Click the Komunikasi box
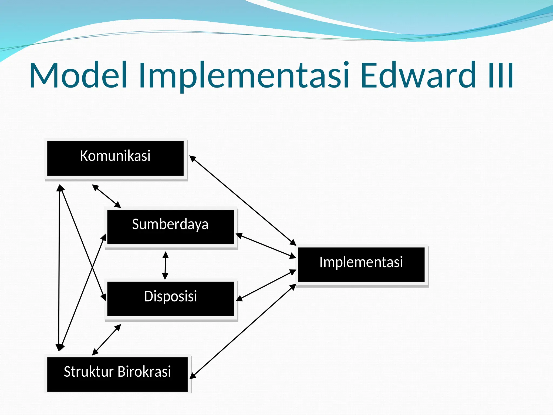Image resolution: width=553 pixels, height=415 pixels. point(115,158)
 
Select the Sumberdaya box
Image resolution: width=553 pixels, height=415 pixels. point(170,227)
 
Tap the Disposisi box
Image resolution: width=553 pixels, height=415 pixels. point(170,299)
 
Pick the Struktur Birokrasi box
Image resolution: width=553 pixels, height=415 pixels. point(117,374)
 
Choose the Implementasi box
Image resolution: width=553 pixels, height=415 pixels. point(361,265)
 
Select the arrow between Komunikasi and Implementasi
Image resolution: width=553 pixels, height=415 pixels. point(243,201)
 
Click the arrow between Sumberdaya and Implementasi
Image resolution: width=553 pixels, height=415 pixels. point(266,246)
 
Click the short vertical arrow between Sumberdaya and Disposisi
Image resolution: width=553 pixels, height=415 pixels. point(165,265)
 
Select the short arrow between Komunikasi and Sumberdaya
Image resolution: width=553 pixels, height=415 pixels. point(106,196)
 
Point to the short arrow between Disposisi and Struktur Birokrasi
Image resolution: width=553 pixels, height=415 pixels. point(106,340)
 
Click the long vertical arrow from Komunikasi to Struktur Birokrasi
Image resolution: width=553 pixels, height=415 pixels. point(59,267)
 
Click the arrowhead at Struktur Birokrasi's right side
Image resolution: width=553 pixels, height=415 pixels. point(193,376)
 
